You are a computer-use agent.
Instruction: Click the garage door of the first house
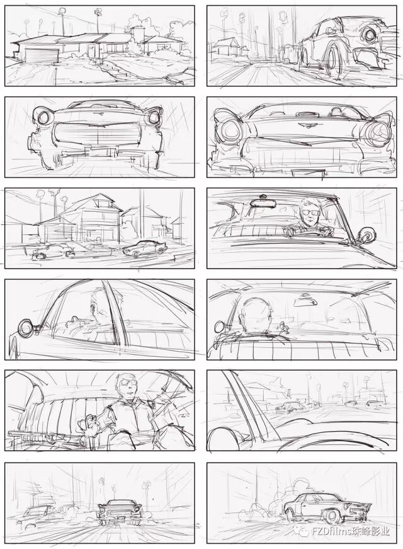click(42, 56)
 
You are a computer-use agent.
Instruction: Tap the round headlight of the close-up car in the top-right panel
click(370, 34)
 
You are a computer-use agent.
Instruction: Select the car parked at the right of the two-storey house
click(145, 248)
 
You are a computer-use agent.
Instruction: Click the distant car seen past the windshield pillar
click(290, 407)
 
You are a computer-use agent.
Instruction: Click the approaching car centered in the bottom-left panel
click(120, 511)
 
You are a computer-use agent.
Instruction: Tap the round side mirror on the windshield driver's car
click(367, 234)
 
